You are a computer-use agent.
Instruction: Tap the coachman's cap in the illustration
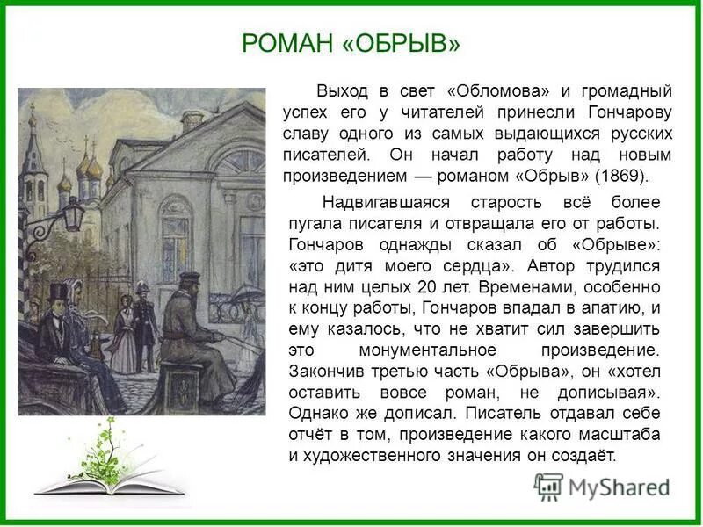(x=190, y=278)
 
